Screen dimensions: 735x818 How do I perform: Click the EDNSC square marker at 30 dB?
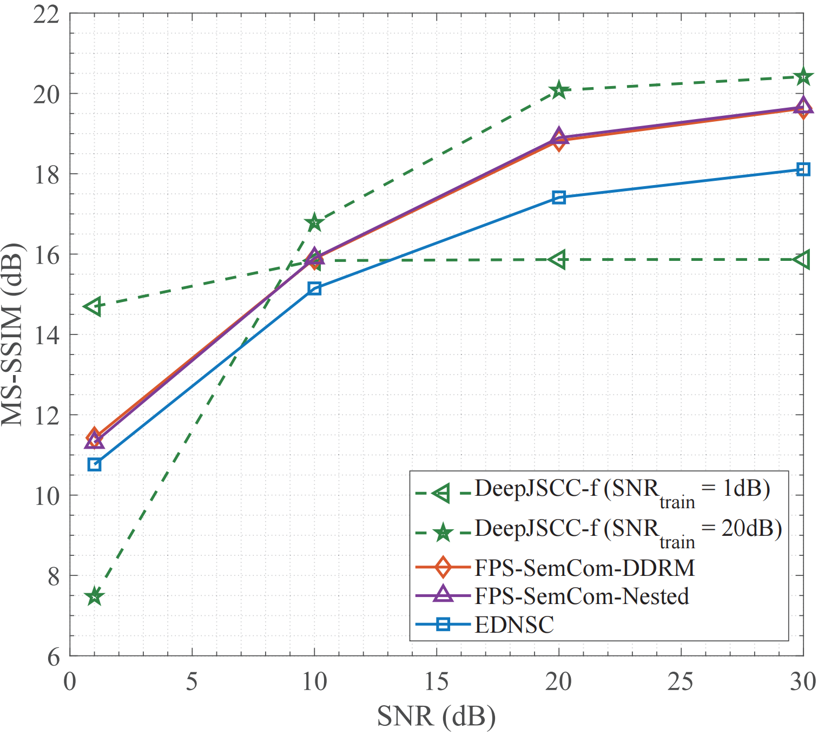[803, 170]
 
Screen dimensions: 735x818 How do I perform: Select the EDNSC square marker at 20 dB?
[559, 198]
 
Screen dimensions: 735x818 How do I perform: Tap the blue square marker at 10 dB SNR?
[314, 288]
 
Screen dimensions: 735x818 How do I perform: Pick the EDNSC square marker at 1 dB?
[95, 464]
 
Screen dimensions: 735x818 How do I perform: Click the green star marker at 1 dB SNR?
[95, 596]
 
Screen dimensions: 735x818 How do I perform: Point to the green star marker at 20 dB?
[559, 91]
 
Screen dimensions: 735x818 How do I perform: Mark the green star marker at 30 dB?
[803, 77]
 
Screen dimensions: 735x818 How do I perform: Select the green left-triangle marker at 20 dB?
[558, 260]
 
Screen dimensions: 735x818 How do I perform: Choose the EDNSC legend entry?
[514, 625]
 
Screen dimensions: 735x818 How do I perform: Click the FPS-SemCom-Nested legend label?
[582, 596]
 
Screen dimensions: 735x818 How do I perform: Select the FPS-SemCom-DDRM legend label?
[584, 568]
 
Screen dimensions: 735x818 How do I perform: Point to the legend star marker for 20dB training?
[443, 533]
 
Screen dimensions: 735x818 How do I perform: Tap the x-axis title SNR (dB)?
[436, 717]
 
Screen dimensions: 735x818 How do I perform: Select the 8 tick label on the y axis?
[53, 577]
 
